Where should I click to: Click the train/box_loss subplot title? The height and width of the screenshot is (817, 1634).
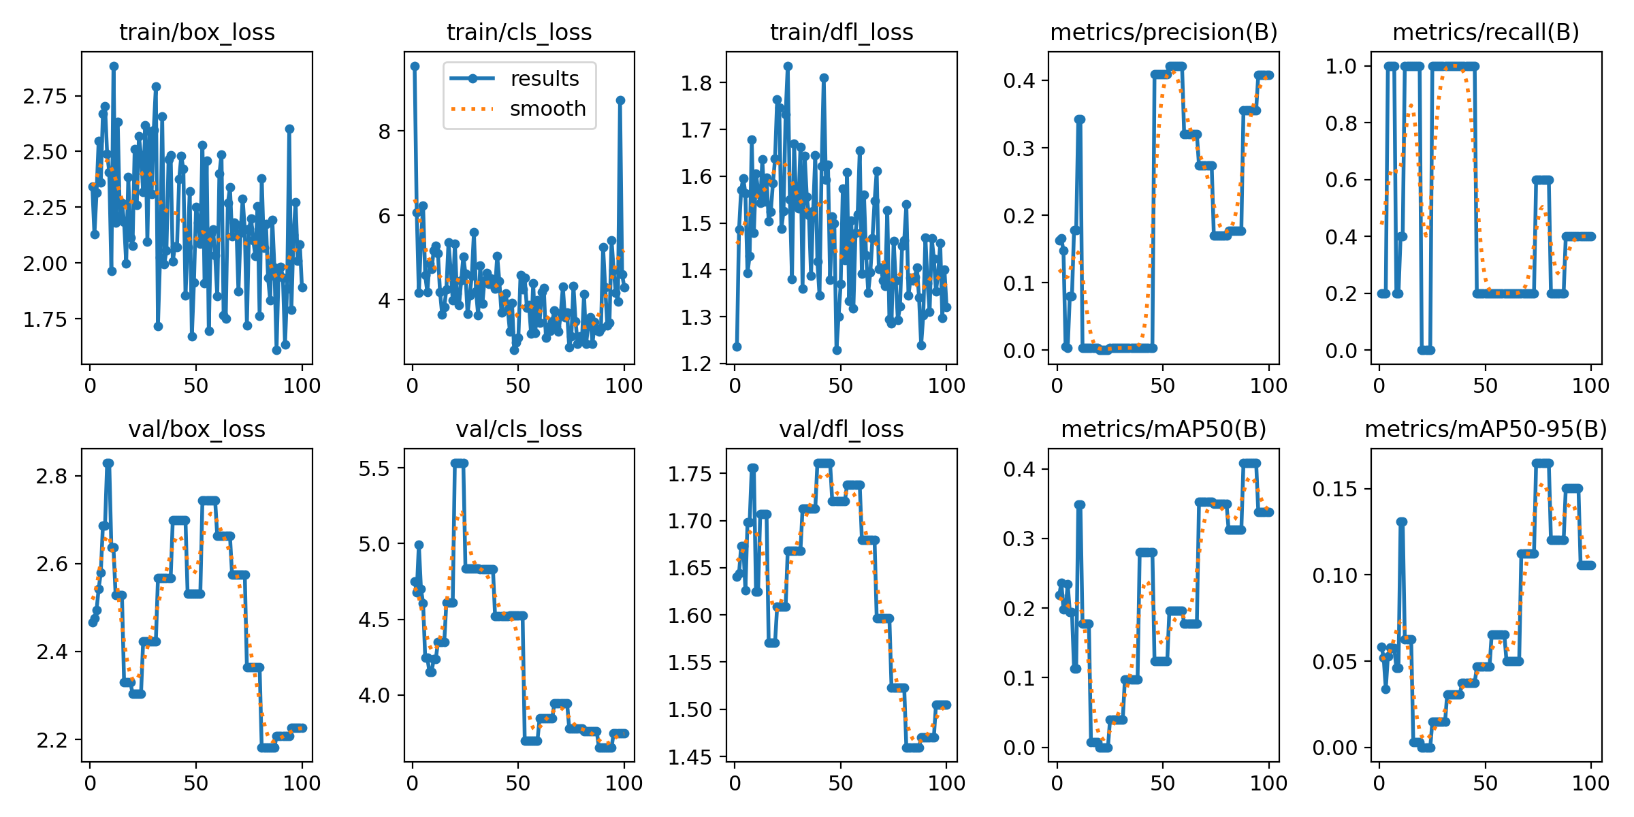(197, 32)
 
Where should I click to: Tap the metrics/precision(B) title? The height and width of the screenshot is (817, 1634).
(1164, 32)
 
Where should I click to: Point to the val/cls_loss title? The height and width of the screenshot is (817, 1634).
(519, 429)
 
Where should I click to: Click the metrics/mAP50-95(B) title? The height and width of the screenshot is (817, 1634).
(1486, 429)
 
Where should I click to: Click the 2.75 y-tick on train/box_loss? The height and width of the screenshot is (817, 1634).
(45, 96)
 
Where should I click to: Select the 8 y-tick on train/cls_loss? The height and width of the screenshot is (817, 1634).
(385, 131)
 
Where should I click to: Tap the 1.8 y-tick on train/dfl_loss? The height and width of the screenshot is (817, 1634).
(696, 83)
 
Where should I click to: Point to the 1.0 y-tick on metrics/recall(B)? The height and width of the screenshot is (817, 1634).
(1341, 66)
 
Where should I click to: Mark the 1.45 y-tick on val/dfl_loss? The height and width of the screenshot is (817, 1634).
(690, 757)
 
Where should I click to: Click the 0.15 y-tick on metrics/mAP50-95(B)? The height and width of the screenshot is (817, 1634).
(1334, 490)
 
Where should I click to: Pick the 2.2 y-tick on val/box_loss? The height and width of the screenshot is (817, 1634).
(52, 740)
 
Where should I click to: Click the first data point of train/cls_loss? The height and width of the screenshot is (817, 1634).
(415, 66)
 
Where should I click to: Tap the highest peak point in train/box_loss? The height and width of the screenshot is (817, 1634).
(114, 66)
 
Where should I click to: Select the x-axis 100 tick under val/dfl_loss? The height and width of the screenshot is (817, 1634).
(946, 783)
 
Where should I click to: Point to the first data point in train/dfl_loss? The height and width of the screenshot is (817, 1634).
(737, 347)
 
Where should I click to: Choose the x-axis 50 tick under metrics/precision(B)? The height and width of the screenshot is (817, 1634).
(1163, 386)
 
